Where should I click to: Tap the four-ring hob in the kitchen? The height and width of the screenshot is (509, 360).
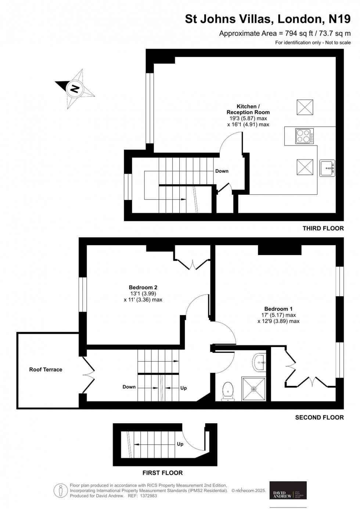tap(305, 136)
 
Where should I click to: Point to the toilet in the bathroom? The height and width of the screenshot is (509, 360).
tap(228, 390)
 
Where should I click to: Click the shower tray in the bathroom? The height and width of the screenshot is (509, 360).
tap(253, 389)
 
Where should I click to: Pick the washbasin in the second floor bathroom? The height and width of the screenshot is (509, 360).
tap(260, 362)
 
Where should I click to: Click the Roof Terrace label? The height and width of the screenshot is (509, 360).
tap(46, 370)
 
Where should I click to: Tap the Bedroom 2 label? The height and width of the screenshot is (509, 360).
tap(143, 287)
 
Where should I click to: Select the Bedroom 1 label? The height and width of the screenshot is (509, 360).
tap(278, 309)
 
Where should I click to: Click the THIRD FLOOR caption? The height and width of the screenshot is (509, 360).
tap(323, 228)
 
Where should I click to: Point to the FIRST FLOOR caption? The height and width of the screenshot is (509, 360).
tap(162, 473)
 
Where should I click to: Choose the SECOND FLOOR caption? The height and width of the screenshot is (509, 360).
tap(319, 417)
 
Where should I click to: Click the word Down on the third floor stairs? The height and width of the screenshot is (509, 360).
tap(222, 171)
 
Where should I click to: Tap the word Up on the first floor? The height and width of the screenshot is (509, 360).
tap(180, 444)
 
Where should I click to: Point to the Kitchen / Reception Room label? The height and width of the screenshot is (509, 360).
tap(248, 110)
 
